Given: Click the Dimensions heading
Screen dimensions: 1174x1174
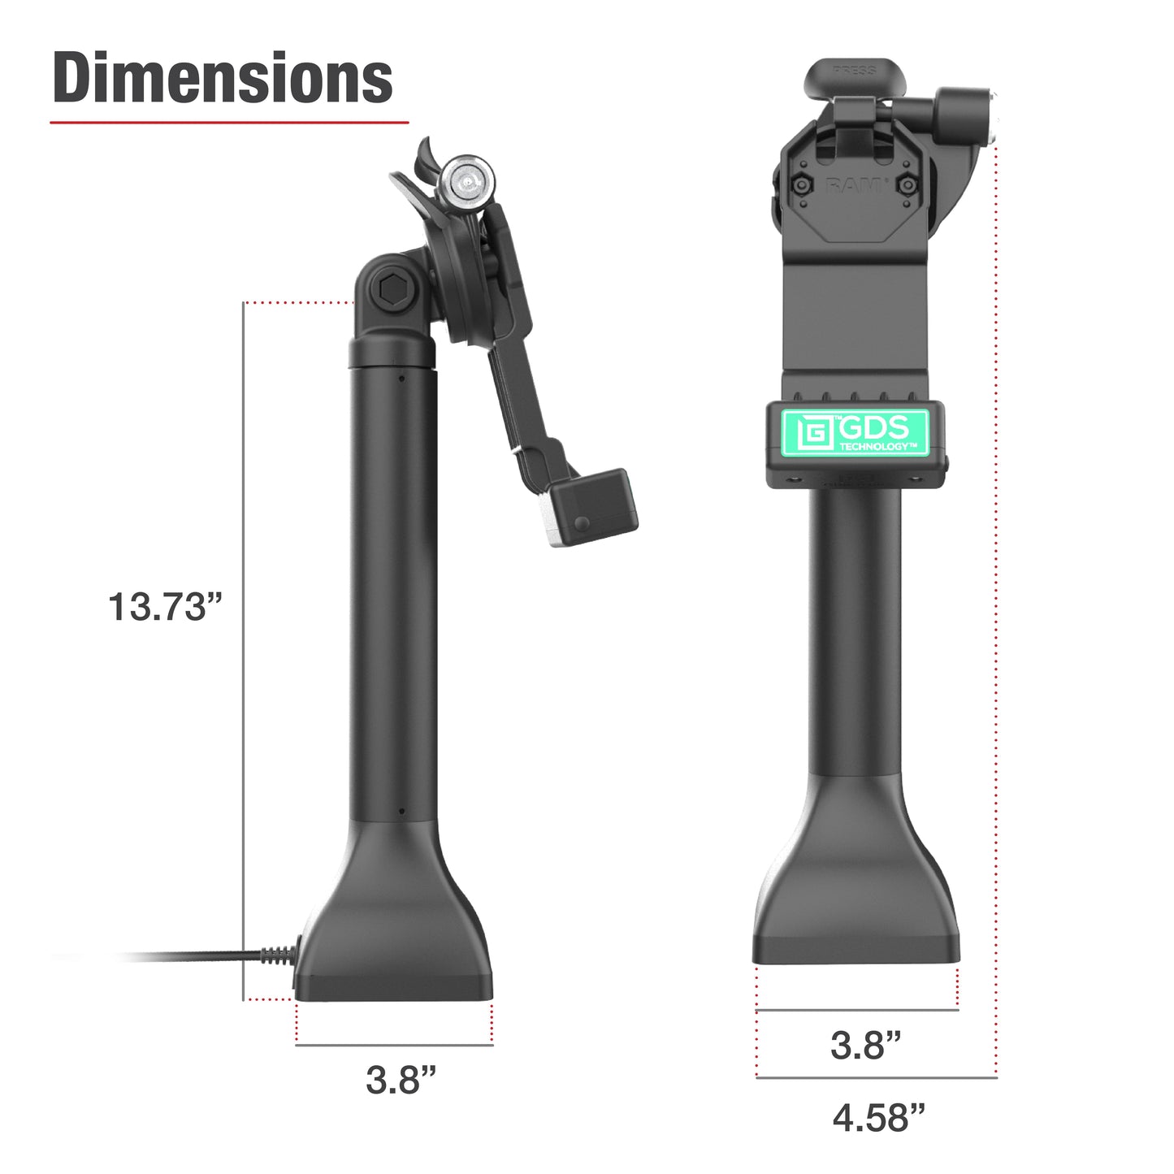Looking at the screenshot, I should pos(222,78).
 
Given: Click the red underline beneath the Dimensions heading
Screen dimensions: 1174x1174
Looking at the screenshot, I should pos(228,123).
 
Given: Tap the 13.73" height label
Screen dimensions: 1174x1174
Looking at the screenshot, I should pos(165,607).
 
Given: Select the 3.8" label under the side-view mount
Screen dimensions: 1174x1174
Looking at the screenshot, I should pos(401,1080).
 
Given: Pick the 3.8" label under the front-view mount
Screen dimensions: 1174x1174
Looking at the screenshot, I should pos(865,1045).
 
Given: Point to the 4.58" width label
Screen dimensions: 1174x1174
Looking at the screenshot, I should pos(878,1118).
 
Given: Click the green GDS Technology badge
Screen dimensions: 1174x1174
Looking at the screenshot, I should pos(856,432).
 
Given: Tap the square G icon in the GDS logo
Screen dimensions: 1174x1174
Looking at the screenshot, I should pos(813,433).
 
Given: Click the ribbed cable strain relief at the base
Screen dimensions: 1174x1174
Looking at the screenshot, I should pos(276,955).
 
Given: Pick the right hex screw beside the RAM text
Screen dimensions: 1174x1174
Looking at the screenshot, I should pos(908,185).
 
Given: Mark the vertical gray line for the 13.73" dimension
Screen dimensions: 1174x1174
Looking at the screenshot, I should pos(244,650).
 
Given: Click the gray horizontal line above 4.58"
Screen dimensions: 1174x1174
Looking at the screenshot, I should pos(876,1077).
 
